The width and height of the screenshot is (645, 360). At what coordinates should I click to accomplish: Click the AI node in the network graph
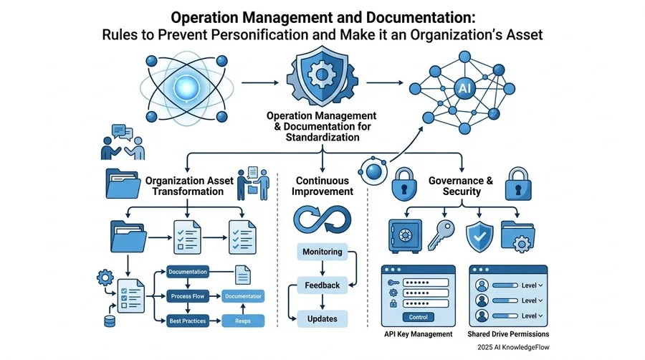tap(464, 88)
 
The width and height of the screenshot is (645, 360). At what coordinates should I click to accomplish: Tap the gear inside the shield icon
tap(322, 75)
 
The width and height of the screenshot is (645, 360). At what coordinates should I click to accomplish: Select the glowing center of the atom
tap(186, 87)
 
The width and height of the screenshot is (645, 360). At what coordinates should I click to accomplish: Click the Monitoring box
tap(322, 252)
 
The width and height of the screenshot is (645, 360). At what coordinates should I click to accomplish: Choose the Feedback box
tap(322, 285)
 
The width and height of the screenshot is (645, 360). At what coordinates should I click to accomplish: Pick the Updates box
tap(322, 319)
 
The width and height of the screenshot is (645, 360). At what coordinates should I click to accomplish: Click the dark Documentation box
tap(188, 272)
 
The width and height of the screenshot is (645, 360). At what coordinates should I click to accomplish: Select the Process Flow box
tap(188, 296)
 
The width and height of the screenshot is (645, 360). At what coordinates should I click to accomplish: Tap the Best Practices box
tap(188, 321)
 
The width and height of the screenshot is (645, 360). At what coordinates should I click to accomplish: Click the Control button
tap(419, 317)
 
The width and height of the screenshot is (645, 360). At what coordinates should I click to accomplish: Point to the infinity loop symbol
tap(322, 219)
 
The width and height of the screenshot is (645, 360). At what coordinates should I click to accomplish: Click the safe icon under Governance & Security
tap(405, 236)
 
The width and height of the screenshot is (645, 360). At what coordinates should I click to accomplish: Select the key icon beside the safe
tap(441, 235)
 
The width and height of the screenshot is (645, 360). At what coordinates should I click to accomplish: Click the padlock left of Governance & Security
tap(404, 184)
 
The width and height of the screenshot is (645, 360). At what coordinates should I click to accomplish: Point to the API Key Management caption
tap(419, 334)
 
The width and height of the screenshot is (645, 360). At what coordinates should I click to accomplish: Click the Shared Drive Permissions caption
tap(508, 334)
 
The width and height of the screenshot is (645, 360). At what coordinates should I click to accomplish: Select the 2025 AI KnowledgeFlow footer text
tap(513, 347)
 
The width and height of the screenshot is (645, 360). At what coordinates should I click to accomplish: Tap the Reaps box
tap(243, 321)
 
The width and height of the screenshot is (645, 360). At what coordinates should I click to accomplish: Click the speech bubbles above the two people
tap(122, 132)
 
